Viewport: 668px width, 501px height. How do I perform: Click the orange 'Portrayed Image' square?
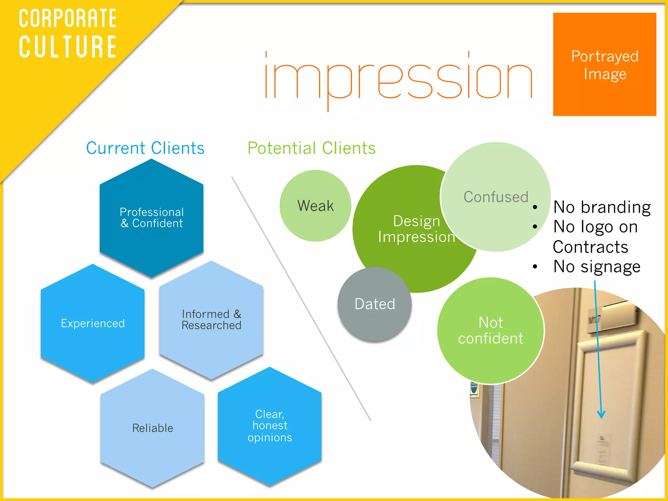pos(604,65)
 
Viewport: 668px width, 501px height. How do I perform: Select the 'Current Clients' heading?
pos(145,148)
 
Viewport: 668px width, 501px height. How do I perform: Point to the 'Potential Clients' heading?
pos(311,148)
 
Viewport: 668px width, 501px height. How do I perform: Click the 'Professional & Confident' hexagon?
pos(152,218)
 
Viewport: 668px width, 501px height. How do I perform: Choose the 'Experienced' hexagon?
pos(93,323)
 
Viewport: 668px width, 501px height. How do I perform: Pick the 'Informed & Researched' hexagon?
pos(211,320)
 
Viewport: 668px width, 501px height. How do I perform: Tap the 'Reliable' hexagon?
pos(152,428)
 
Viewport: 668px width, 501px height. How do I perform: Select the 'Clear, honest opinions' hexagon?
pos(270,426)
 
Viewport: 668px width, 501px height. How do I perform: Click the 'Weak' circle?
pos(315,206)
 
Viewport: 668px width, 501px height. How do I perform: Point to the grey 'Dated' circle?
pos(375,304)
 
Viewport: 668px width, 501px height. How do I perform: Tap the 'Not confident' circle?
pos(491,330)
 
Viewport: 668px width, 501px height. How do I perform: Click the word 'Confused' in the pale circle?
pos(496,197)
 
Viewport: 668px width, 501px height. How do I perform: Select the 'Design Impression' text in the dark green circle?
pos(417,229)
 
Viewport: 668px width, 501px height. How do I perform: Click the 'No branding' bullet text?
pos(602,207)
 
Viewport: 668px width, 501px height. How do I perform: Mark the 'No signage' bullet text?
pos(597,266)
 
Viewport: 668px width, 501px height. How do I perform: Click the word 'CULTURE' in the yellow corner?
pos(68,47)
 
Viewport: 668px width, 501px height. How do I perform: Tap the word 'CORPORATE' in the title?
pos(68,19)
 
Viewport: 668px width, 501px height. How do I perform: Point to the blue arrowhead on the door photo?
pos(601,415)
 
